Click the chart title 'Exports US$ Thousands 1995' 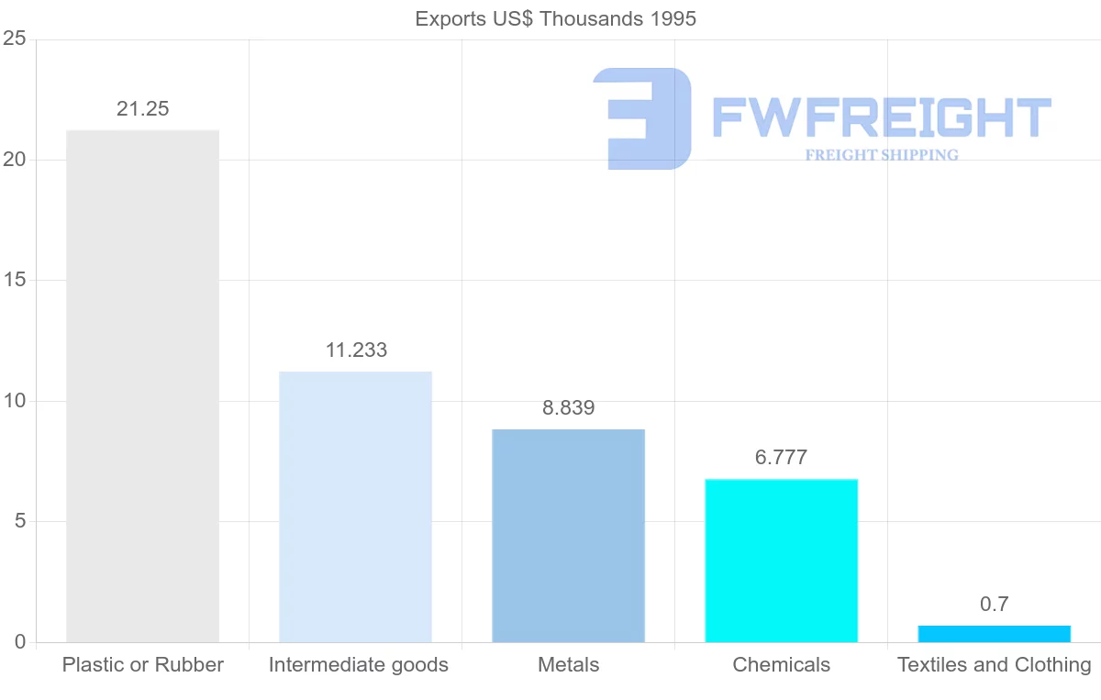click(555, 18)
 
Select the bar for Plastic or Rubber click(143, 385)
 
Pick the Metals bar click(568, 536)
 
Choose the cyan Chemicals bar click(781, 561)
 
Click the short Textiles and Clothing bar click(994, 634)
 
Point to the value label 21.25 click(143, 108)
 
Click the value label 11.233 click(356, 350)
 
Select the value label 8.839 click(568, 408)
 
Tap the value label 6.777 click(781, 457)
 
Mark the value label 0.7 click(994, 604)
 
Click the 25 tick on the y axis click(14, 39)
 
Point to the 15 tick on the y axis click(14, 281)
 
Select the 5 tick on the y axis click(19, 522)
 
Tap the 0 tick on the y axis click(19, 642)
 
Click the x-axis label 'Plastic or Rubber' click(143, 665)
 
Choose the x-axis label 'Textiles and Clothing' click(994, 665)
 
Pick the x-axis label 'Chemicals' click(781, 665)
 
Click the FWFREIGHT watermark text click(881, 117)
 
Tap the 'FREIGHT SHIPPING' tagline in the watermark click(882, 155)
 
